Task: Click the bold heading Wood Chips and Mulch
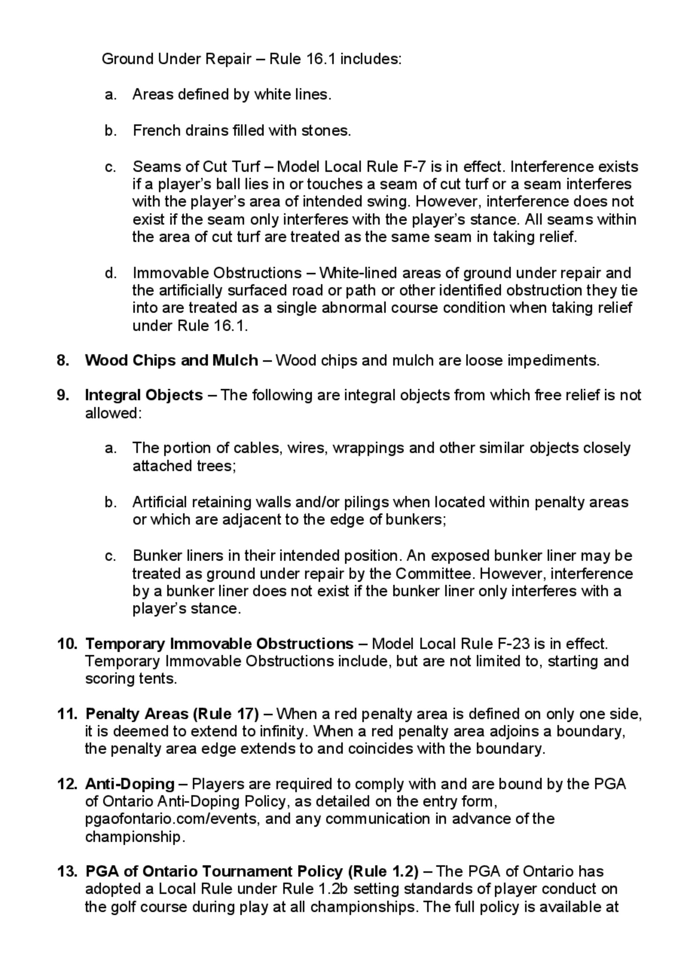[x=172, y=360]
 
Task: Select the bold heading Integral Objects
[x=144, y=395]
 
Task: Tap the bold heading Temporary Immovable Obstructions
[x=220, y=644]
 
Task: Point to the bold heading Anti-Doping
[x=129, y=784]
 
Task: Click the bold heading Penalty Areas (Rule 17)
[x=172, y=714]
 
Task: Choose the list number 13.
[x=67, y=871]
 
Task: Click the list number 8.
[x=63, y=360]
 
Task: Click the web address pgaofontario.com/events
[x=172, y=819]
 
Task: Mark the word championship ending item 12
[x=134, y=837]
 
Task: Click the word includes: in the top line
[x=371, y=59]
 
